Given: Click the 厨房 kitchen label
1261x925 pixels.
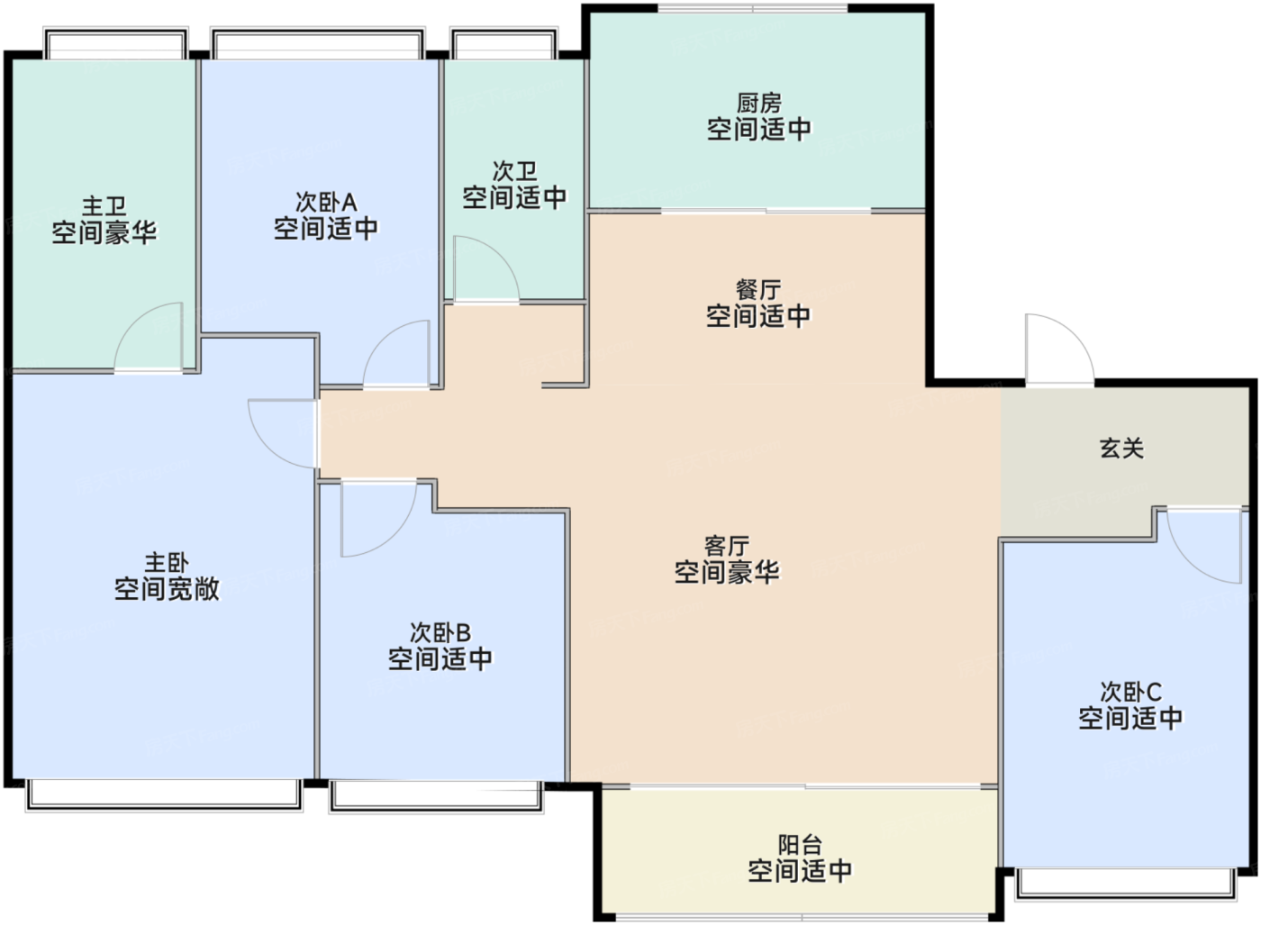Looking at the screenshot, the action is pyautogui.click(x=758, y=104).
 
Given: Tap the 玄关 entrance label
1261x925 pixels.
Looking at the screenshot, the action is pyautogui.click(x=1121, y=449).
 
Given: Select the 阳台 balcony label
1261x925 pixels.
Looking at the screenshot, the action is pyautogui.click(x=800, y=845).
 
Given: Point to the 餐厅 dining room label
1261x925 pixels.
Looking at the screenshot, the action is pyautogui.click(x=758, y=290).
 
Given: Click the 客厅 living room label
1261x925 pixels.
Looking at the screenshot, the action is pyautogui.click(x=727, y=546).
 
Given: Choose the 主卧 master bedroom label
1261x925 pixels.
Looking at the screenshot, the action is pyautogui.click(x=167, y=562).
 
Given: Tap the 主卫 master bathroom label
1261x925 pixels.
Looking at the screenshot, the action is pyautogui.click(x=104, y=206).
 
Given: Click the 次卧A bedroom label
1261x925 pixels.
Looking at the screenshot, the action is pyautogui.click(x=326, y=203).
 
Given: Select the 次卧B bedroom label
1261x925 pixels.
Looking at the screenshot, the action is pyautogui.click(x=440, y=633).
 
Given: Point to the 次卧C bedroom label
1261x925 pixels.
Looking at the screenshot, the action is pyautogui.click(x=1130, y=693).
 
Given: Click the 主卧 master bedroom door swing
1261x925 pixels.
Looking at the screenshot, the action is pyautogui.click(x=266, y=445).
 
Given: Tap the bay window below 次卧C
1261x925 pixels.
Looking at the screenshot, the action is pyautogui.click(x=1125, y=885).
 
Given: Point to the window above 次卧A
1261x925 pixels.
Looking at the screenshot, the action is pyautogui.click(x=317, y=43).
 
